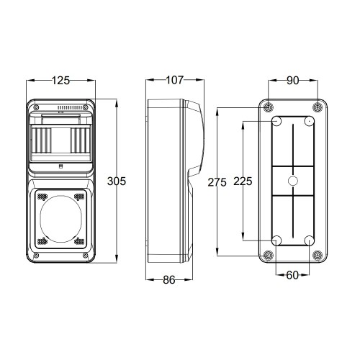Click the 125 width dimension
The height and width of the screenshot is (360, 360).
[x=61, y=81]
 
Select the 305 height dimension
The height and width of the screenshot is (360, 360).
[x=117, y=181]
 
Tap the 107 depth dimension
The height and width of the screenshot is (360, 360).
[x=175, y=80]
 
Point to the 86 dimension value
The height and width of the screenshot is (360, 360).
[x=169, y=280]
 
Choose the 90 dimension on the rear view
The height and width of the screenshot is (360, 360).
[x=293, y=81]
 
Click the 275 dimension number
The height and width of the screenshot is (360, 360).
[x=217, y=182]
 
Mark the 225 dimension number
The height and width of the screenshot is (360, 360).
[x=243, y=181]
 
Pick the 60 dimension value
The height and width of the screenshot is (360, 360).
[x=292, y=275]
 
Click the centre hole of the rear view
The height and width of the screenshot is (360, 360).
[x=292, y=181]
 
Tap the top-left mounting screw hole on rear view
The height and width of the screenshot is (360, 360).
[x=268, y=107]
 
